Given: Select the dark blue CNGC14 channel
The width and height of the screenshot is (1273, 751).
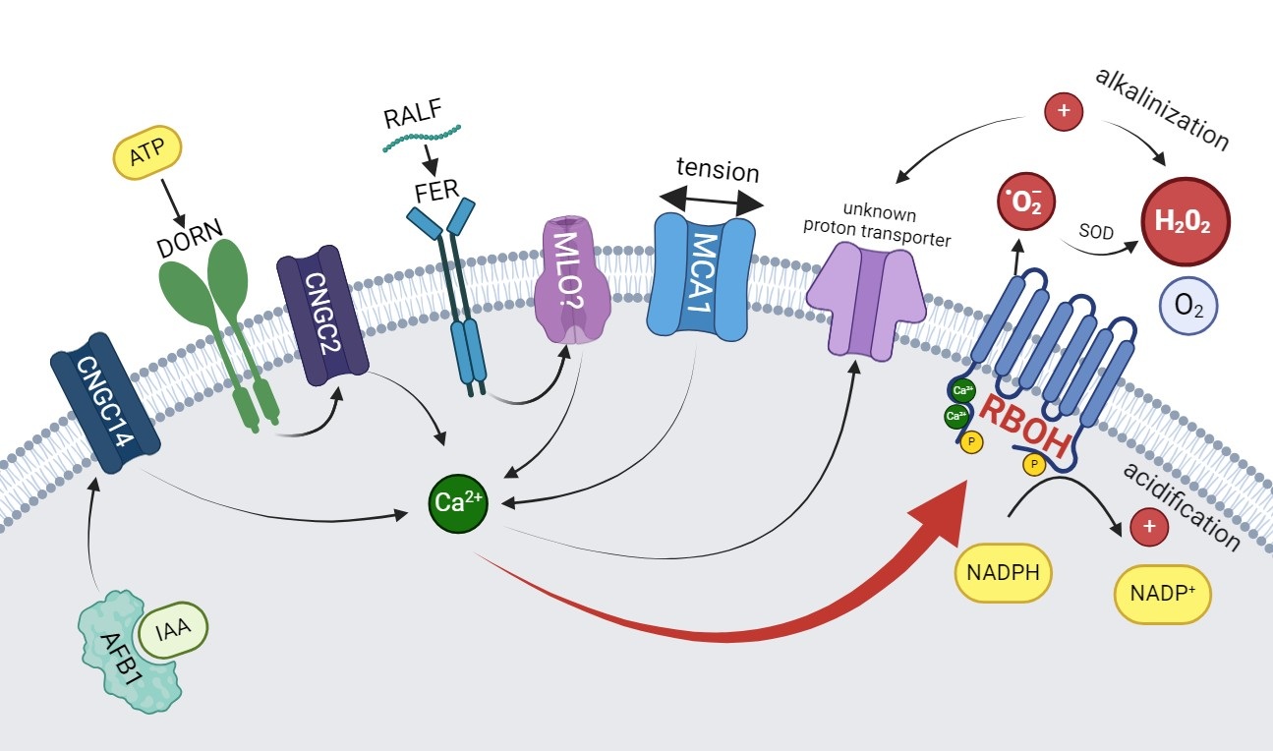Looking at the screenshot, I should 101,402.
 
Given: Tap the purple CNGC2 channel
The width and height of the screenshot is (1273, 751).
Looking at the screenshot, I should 322,315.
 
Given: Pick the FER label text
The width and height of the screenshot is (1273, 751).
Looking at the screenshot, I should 436,189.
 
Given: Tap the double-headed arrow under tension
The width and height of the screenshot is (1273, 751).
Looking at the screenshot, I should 710,202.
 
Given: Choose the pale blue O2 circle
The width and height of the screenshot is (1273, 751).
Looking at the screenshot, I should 1189,305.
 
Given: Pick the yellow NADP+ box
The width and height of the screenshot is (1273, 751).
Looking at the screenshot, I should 1162,594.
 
